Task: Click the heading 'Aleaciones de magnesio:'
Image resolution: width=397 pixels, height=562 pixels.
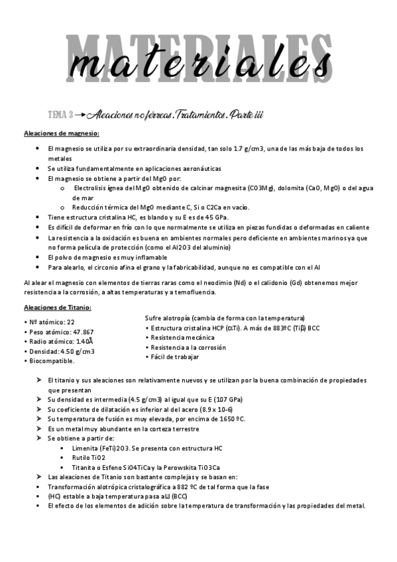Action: [61, 134]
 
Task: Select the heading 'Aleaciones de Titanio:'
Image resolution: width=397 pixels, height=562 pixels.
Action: [58, 308]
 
